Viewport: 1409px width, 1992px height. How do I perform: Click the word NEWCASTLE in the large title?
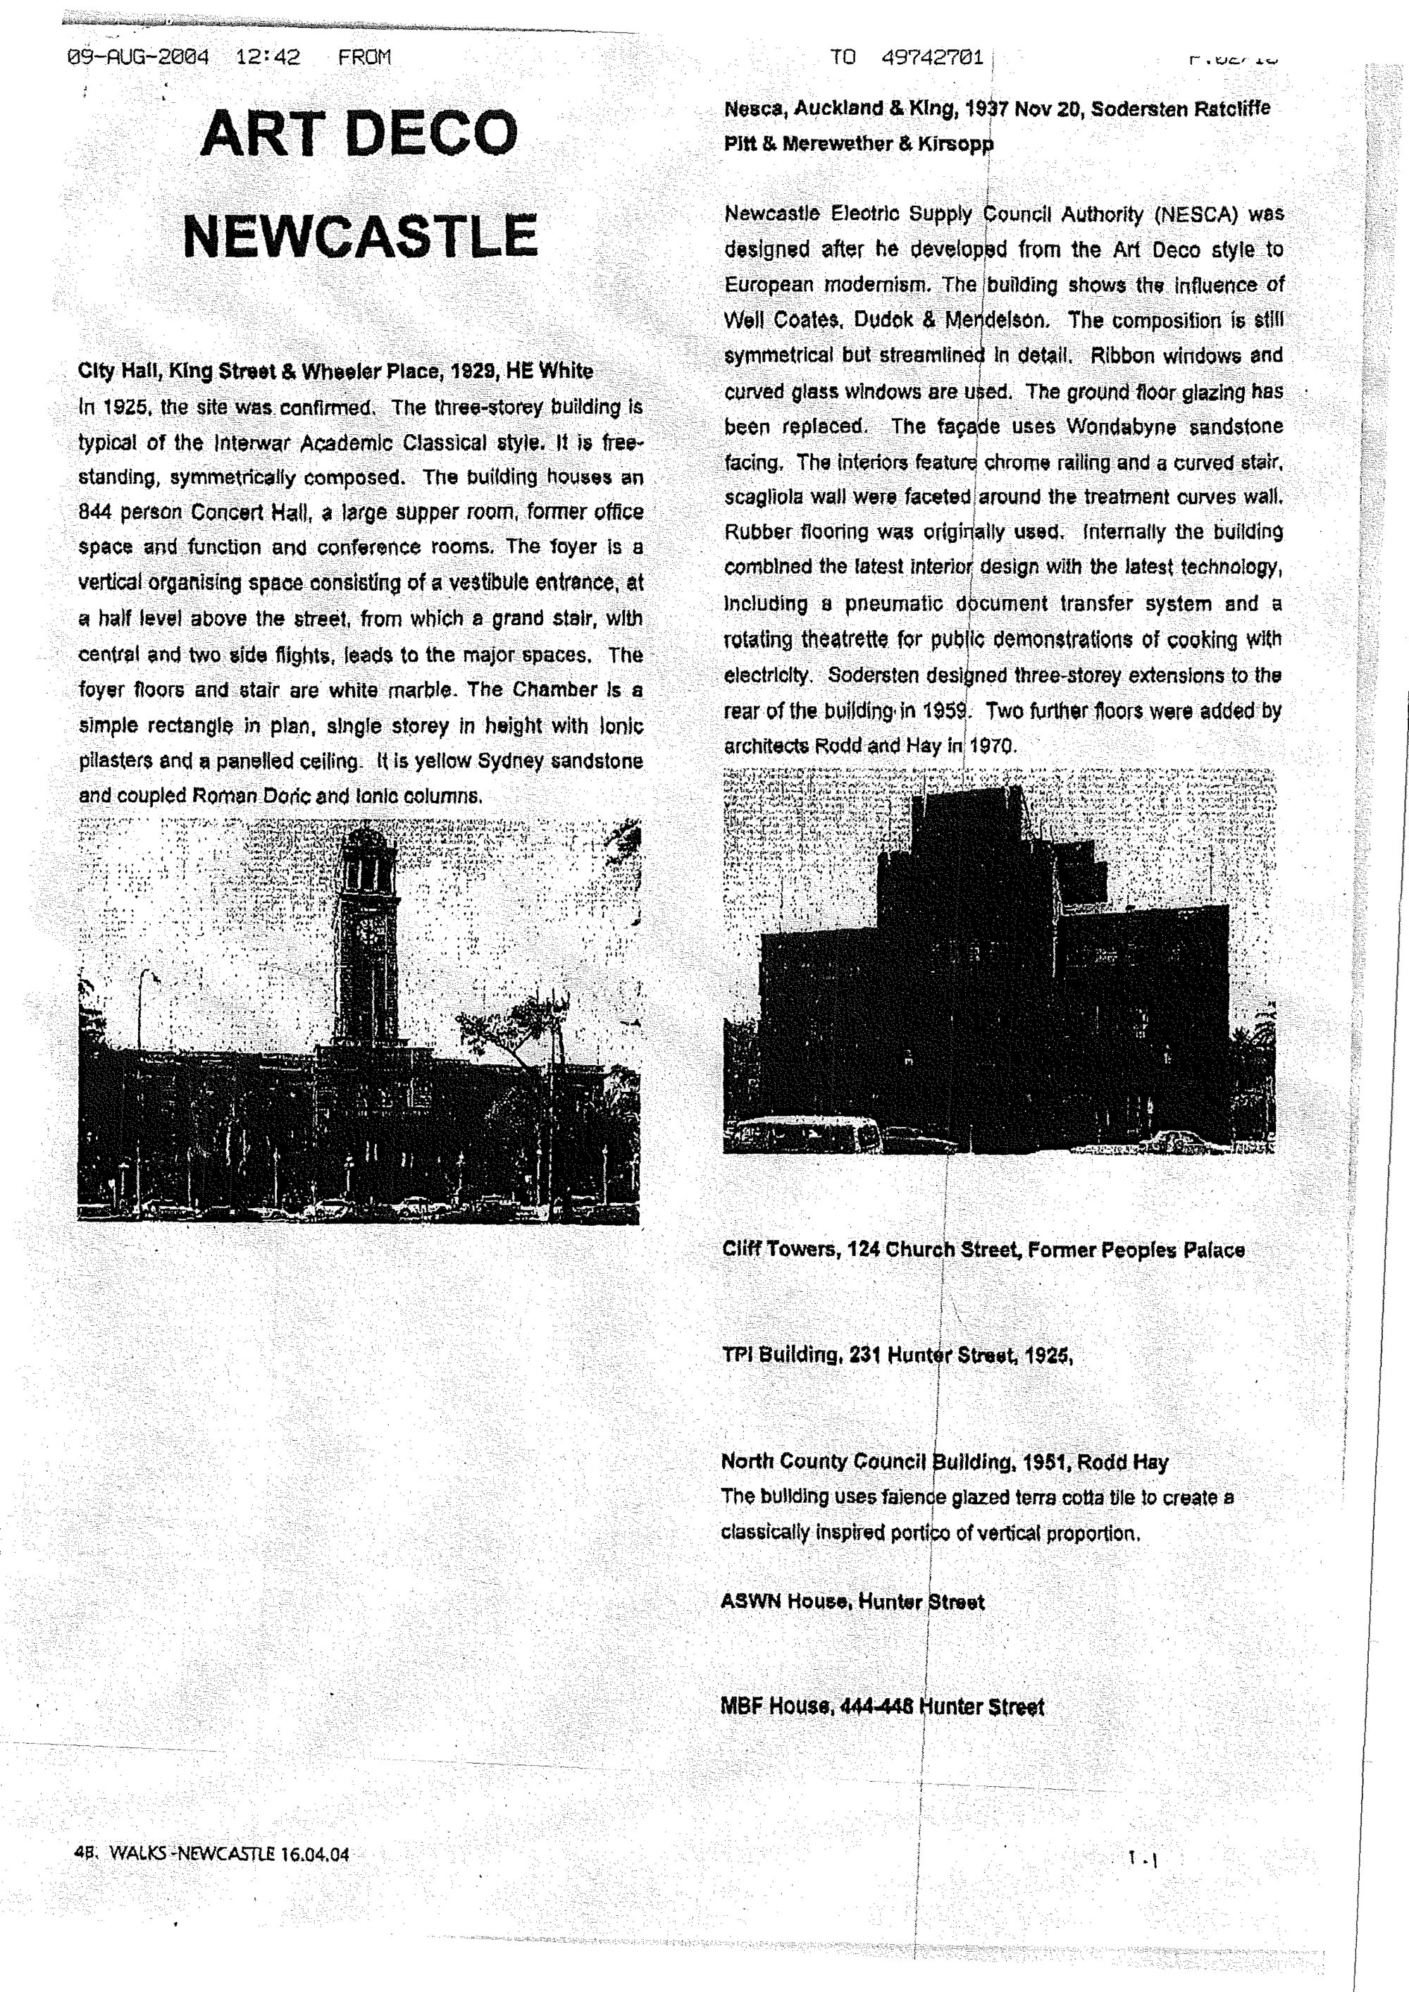click(360, 236)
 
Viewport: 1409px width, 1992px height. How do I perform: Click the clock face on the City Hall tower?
click(368, 931)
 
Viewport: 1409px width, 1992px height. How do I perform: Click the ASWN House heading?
click(786, 1602)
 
